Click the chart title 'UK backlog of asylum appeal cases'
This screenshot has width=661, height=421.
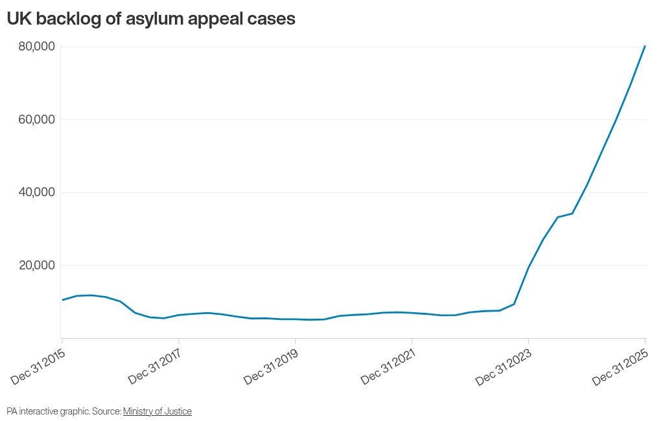[x=151, y=19]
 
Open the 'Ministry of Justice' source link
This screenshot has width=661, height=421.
[x=157, y=411]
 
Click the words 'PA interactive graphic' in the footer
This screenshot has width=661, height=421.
[x=47, y=411]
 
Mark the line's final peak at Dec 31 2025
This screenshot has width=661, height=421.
[x=645, y=46]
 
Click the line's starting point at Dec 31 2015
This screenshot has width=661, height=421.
[x=62, y=300]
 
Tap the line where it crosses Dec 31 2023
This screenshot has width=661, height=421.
[x=528, y=267]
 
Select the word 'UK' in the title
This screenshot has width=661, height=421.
[x=19, y=19]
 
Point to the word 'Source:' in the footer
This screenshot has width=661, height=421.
[x=108, y=411]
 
